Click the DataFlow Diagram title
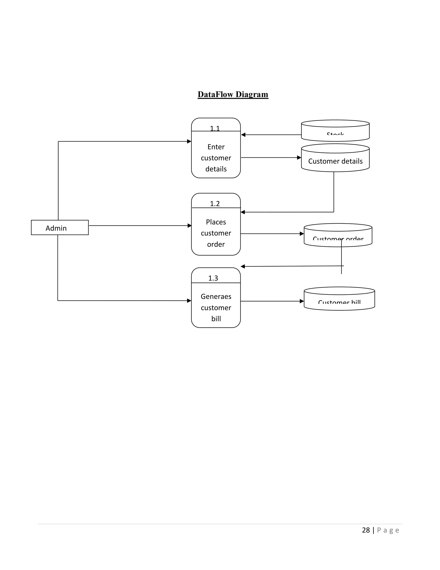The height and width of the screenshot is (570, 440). [233, 94]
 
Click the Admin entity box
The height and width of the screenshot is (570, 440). [60, 228]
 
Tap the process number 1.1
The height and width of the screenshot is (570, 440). [215, 128]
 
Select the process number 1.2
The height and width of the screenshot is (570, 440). [215, 203]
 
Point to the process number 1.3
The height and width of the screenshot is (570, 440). [213, 278]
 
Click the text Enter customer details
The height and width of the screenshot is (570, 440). [216, 158]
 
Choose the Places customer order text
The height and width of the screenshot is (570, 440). [216, 233]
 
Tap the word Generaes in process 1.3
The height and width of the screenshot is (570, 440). [216, 296]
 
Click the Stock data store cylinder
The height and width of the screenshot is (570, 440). [335, 131]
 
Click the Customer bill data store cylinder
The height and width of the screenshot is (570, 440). [339, 299]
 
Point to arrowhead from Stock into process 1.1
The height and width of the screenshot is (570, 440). [243, 135]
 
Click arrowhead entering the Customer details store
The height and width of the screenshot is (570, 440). [299, 158]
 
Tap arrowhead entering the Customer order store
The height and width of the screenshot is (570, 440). [302, 234]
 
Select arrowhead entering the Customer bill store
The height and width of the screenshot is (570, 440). [302, 301]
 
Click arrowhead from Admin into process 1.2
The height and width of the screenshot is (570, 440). [189, 225]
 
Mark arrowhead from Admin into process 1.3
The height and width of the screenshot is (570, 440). [189, 301]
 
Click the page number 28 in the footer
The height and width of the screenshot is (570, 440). [366, 530]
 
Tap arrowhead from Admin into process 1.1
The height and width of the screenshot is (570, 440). [189, 142]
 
